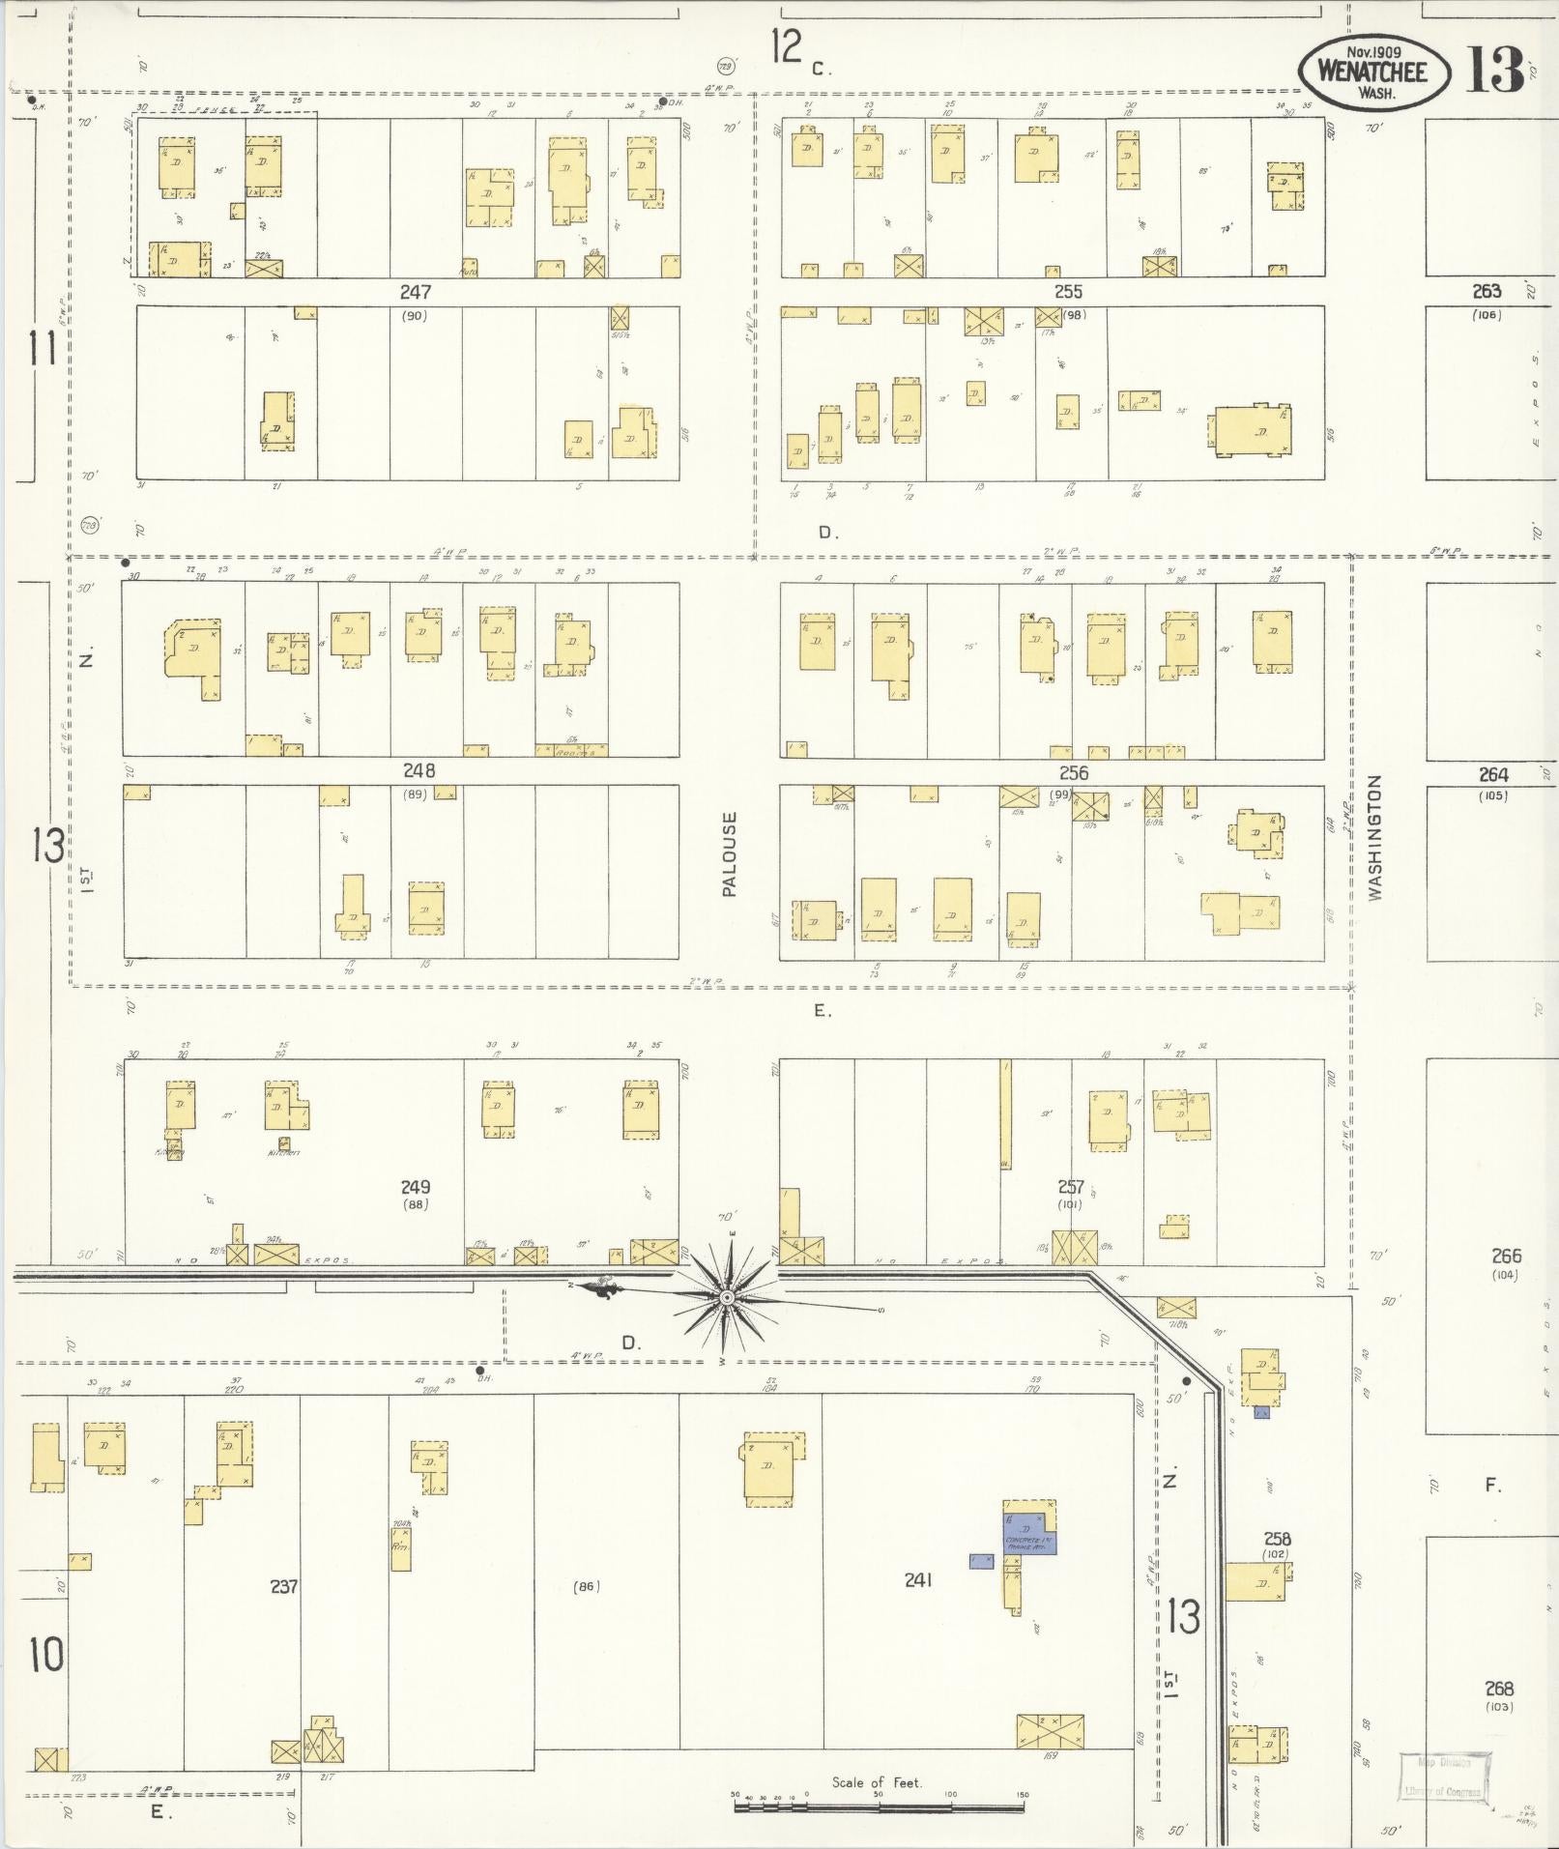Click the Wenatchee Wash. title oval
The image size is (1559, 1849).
coord(1373,71)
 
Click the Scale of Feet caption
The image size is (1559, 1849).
coord(877,1782)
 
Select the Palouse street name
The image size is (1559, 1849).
coord(729,853)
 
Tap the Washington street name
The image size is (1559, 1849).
coord(1375,838)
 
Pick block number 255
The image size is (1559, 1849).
coord(1068,291)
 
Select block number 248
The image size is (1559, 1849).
coord(419,770)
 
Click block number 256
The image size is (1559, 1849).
coord(1073,772)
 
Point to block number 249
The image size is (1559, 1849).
coord(416,1187)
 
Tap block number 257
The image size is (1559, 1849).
coord(1070,1187)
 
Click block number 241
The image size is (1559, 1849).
coord(917,1580)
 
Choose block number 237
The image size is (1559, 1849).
coord(283,1586)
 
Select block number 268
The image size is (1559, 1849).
coord(1499,1689)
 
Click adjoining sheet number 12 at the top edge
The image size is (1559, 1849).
coord(788,45)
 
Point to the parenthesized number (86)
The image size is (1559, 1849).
coord(586,1586)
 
